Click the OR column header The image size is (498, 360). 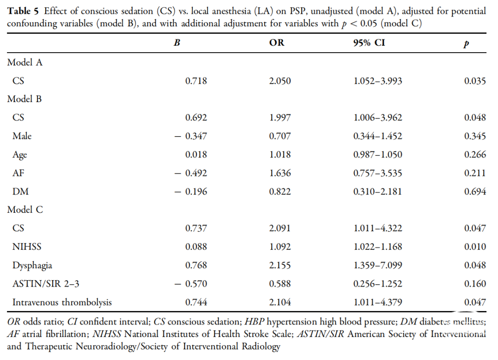[277, 42]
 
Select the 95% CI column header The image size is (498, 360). [369, 42]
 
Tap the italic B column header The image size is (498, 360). [177, 42]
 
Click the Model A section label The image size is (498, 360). [25, 62]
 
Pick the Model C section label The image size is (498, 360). [25, 210]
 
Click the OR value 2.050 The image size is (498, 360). [280, 81]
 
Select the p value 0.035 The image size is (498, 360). [475, 81]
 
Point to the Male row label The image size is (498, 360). [22, 136]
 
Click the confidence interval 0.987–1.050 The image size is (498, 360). [378, 155]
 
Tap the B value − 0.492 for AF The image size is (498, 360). [190, 173]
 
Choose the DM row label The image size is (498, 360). [20, 192]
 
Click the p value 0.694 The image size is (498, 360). [475, 192]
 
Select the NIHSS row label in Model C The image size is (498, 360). [27, 247]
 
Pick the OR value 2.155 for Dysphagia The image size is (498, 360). [280, 265]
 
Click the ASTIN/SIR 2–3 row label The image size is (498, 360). [46, 284]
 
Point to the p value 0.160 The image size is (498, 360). [475, 284]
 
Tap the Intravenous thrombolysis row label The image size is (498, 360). [62, 302]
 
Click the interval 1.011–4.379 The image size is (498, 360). [378, 302]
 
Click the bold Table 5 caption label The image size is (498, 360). [23, 11]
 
